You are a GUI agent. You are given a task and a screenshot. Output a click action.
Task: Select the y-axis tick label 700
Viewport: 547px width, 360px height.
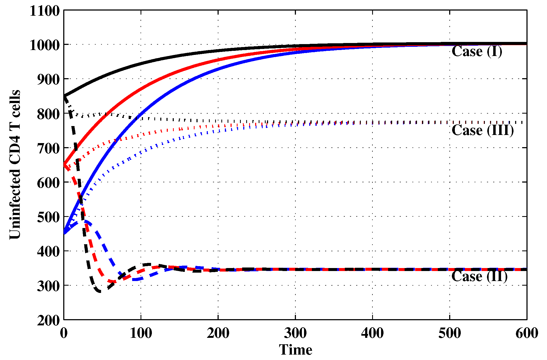click(x=48, y=148)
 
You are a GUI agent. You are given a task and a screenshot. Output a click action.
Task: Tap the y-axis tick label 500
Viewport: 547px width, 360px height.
click(x=48, y=217)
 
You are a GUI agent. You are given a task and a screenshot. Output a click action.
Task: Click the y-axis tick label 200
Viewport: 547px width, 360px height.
click(x=48, y=321)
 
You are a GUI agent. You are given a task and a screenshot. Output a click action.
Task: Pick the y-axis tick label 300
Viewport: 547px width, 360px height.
click(x=48, y=286)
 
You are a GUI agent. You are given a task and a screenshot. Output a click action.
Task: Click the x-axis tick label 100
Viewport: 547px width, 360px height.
click(x=141, y=333)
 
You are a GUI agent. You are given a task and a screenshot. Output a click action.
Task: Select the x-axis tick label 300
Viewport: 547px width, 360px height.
click(x=295, y=333)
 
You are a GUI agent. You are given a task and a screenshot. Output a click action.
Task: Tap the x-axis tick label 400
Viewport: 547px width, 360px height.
click(x=372, y=333)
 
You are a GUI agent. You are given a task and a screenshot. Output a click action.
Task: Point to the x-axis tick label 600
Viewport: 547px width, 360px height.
click(x=527, y=333)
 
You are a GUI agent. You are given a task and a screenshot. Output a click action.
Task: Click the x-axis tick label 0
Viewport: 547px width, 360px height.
click(x=64, y=333)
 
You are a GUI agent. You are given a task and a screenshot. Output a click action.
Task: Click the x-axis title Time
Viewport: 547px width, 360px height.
click(x=295, y=350)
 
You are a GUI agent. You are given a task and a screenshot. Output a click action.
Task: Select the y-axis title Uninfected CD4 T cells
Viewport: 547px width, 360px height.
click(x=15, y=164)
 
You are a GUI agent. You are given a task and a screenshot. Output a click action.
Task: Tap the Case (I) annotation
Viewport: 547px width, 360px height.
click(x=477, y=51)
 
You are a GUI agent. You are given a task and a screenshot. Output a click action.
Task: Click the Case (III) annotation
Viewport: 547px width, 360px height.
click(x=483, y=130)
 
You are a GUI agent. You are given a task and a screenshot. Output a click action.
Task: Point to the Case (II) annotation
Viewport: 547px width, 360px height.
click(x=479, y=276)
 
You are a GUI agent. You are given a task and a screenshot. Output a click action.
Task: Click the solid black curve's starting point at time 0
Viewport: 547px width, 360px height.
click(x=64, y=96)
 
